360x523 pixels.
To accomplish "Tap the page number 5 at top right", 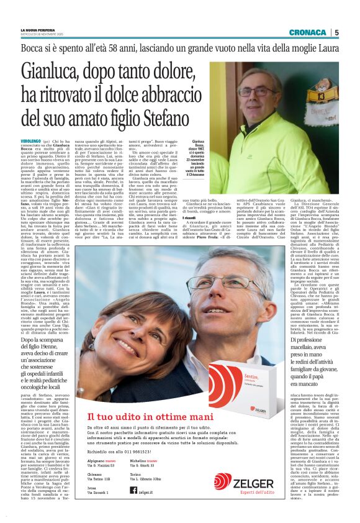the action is (336, 32).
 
